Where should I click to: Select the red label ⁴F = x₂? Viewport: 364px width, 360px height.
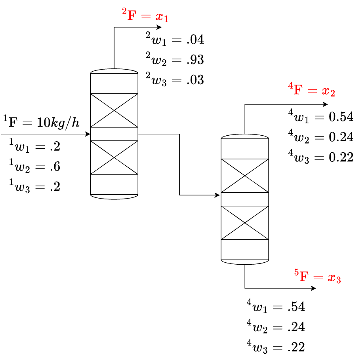coord(312,91)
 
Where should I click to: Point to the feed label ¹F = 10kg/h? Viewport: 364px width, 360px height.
coord(42,122)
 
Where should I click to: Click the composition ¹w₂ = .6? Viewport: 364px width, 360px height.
coord(35,167)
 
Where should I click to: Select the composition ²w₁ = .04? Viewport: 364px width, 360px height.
coord(175,40)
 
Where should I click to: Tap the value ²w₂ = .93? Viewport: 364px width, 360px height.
coord(175,60)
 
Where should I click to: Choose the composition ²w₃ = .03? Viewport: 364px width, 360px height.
coord(175,80)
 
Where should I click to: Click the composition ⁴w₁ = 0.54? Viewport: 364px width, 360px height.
coord(321,117)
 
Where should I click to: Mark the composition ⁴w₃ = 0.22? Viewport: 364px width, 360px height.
coord(321,157)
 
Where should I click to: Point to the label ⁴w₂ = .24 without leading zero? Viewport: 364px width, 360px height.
coord(276,327)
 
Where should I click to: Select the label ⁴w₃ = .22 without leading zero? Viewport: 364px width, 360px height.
coord(276,347)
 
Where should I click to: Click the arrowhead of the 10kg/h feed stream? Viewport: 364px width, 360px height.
coord(88,134)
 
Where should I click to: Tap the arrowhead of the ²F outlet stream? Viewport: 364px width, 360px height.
coord(159,27)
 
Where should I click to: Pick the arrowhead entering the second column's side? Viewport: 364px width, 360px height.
coord(217,195)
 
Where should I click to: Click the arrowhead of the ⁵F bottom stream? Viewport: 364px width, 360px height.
coord(314,288)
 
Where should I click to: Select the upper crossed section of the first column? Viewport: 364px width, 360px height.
coord(114,110)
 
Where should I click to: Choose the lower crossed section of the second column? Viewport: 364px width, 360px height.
coord(245,223)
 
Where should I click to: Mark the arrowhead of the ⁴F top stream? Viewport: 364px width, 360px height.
coord(326,104)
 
